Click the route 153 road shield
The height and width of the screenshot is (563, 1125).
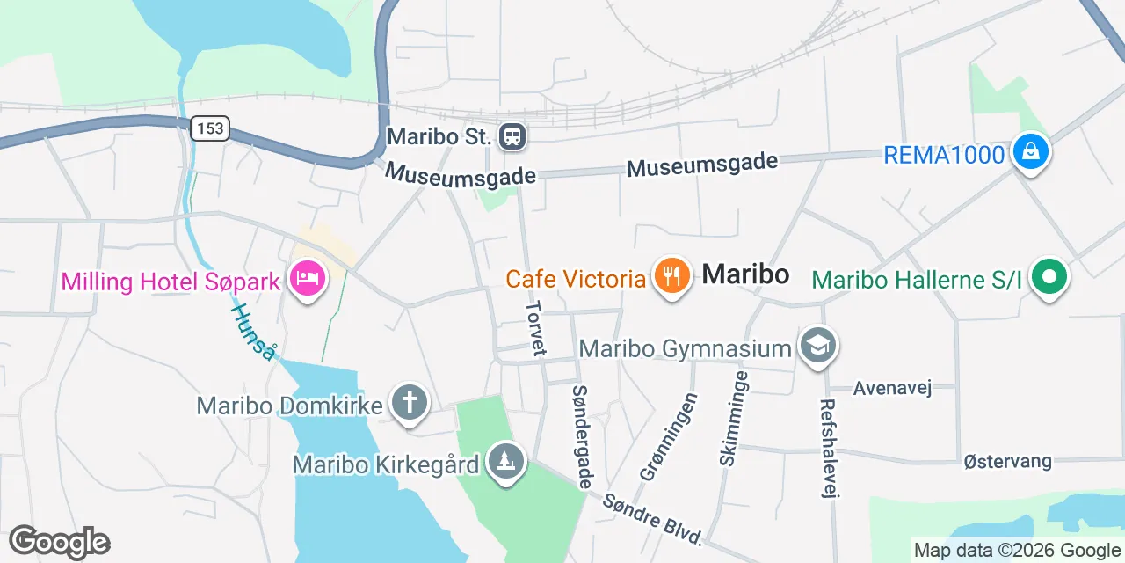coord(210,128)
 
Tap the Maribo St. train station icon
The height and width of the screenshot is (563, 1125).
coord(512,136)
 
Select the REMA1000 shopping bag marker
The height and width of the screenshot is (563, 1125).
coord(1030,152)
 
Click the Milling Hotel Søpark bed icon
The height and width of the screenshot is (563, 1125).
coord(307,280)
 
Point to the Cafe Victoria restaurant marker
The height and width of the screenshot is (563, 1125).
coord(672,277)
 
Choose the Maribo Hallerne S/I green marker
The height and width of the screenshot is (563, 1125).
coord(1048,278)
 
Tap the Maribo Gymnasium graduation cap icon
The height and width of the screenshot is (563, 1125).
coord(818,346)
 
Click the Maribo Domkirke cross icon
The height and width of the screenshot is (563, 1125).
coord(409,404)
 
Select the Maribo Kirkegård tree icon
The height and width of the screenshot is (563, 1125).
coord(505,461)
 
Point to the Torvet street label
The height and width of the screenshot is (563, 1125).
coord(535,329)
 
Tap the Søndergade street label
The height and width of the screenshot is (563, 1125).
coord(582,436)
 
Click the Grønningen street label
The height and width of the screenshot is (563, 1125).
coord(670,437)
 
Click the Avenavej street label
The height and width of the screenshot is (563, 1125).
coord(892,388)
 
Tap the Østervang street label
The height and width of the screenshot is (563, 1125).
coord(1007,461)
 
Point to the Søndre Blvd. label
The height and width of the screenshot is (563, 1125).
coord(654,519)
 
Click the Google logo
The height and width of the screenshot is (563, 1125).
coord(59,542)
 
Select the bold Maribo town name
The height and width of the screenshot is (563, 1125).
coord(745,274)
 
